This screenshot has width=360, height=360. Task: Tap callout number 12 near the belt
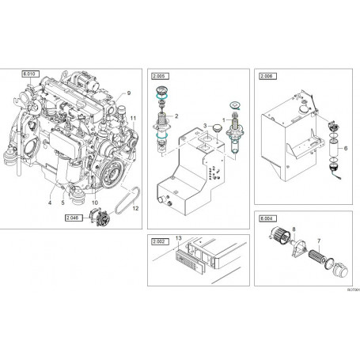(135, 208)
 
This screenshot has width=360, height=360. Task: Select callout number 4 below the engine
(50, 203)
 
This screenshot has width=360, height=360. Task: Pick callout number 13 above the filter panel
(179, 237)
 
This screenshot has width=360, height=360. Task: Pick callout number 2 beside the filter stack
(177, 116)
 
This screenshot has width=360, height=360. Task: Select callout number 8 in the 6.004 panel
(296, 228)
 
